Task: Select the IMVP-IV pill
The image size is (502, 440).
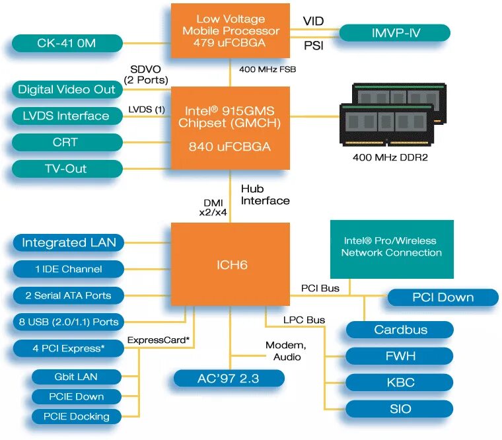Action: coord(394,32)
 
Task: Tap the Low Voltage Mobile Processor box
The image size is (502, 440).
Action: coord(231,30)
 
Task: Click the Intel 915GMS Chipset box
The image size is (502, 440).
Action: coord(231,128)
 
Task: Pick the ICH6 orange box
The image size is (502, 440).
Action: coord(231,264)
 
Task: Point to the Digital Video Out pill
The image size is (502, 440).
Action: coord(67,89)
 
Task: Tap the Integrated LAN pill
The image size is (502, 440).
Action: coord(69,242)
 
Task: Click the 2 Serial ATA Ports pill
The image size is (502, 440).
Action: coord(69,295)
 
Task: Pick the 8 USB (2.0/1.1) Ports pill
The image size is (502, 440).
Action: coord(69,322)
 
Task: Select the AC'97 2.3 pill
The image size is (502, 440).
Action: coord(229,378)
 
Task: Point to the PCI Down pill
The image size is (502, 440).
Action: coord(443,297)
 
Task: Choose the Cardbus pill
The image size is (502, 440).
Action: coord(400,330)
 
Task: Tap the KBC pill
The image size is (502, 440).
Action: coord(400,383)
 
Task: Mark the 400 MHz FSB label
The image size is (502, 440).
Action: coord(267,69)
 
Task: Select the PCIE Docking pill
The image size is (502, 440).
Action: coord(77,416)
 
